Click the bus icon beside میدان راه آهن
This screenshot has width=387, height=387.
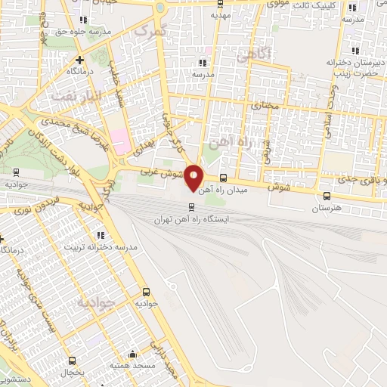(x=223, y=179)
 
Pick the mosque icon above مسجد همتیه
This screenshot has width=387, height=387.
(x=133, y=353)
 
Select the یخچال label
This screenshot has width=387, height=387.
(x=72, y=373)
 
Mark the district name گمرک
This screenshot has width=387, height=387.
(x=147, y=32)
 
